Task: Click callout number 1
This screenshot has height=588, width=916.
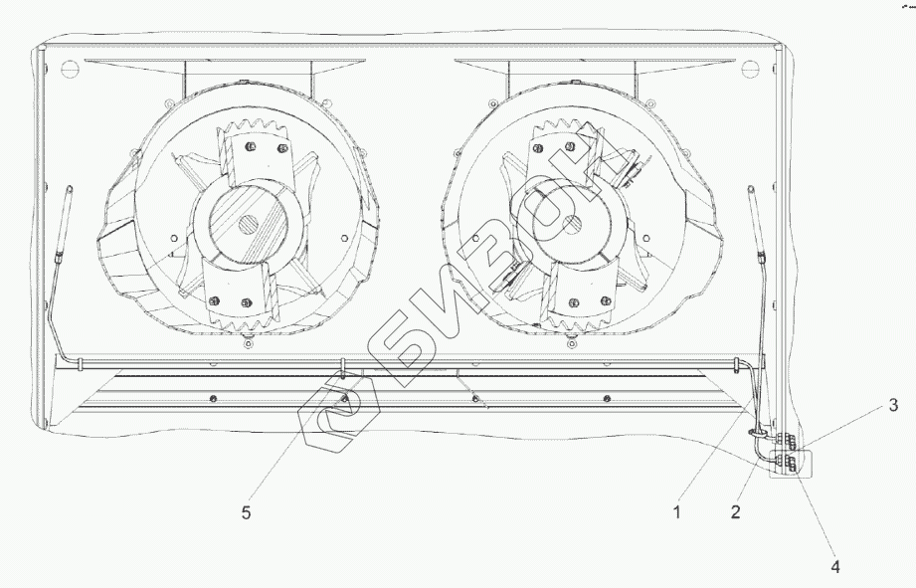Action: (676, 513)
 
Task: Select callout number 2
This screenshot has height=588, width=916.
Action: (735, 513)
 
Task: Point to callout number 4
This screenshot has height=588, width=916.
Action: (835, 566)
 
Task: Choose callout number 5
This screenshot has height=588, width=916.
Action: (245, 513)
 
